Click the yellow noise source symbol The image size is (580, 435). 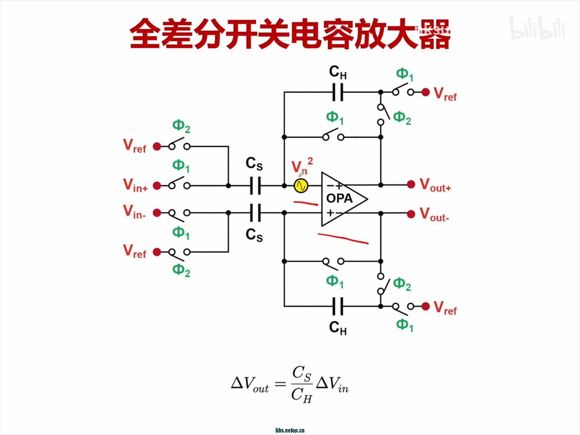tap(301, 186)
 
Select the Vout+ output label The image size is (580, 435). tap(435, 185)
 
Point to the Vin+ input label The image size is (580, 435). tap(135, 185)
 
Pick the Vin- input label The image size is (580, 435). tap(135, 212)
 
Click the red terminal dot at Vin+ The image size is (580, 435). tap(157, 186)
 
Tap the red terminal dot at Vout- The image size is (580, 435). tap(411, 214)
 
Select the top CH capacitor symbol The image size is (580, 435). tap(338, 92)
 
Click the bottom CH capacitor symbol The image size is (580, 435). tap(338, 306)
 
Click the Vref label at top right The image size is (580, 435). tap(445, 94)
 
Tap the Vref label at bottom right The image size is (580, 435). tap(445, 308)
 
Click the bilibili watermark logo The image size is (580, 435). tap(537, 28)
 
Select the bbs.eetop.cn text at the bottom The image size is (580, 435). tap(290, 430)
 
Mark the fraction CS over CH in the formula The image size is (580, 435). tap(302, 384)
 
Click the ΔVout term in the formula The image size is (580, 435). tap(250, 383)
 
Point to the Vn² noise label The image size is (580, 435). tap(302, 166)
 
